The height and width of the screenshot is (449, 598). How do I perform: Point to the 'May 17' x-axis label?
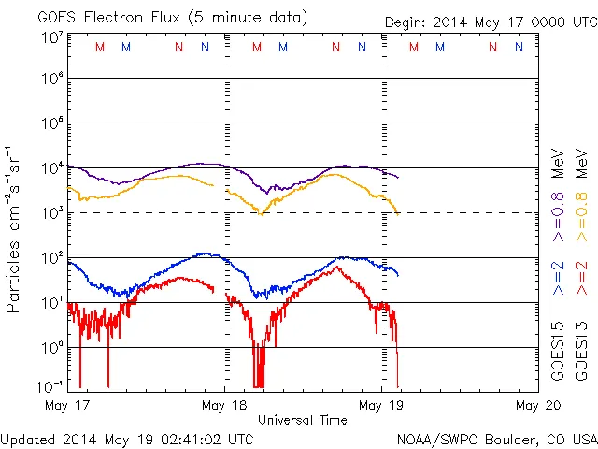64,406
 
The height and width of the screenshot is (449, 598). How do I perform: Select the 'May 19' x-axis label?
381,406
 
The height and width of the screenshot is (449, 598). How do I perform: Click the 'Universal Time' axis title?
302,420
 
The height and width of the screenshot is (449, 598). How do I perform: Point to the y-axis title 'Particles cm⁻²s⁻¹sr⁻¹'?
14,229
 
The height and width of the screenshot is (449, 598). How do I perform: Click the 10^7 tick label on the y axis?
52,37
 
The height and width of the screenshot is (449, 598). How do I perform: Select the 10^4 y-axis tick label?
52,168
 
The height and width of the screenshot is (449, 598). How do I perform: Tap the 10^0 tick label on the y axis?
52,348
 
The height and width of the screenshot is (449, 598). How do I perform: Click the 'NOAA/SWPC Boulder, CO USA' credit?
496,439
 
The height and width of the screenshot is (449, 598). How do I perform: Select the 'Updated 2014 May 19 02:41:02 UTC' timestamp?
127,439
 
